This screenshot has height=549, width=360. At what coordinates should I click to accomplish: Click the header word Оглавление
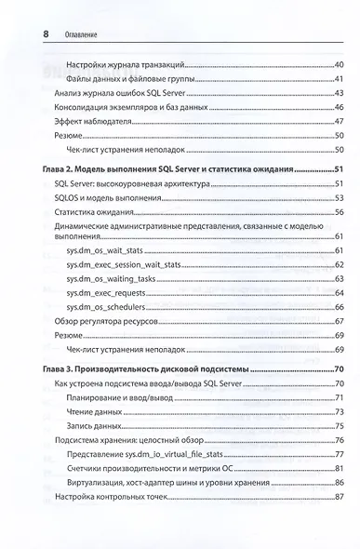(x=81, y=36)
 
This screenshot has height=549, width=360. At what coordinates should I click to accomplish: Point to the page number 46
(x=339, y=107)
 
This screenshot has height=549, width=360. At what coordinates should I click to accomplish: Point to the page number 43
(x=339, y=92)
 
